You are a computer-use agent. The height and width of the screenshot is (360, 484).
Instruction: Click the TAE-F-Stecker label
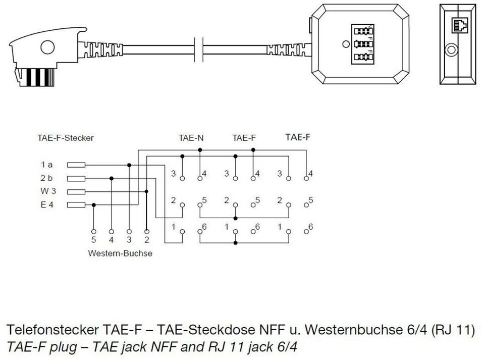click(66, 137)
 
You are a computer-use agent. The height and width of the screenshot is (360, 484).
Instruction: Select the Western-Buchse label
click(120, 253)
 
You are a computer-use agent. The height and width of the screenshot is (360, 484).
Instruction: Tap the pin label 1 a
click(47, 165)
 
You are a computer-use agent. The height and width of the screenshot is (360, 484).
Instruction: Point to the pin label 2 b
click(47, 178)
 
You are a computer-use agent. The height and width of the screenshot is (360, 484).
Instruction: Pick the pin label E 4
click(46, 204)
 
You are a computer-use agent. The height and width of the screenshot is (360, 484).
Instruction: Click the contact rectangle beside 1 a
click(76, 165)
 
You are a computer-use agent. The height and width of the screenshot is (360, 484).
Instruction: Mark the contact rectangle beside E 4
click(76, 204)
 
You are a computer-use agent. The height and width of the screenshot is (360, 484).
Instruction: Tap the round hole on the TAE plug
click(47, 48)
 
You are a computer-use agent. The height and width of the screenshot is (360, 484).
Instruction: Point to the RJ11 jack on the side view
click(461, 25)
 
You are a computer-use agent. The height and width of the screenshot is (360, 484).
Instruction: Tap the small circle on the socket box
click(345, 44)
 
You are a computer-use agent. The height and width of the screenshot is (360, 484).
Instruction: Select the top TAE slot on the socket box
click(362, 30)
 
